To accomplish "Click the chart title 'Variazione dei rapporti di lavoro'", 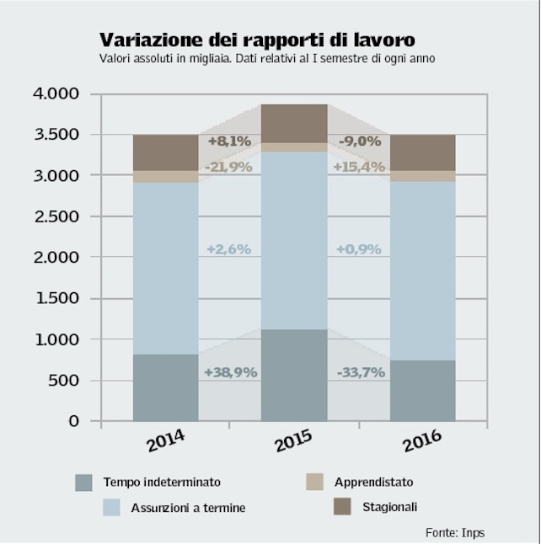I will coord(257,40).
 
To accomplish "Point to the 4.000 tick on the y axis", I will coord(56,93).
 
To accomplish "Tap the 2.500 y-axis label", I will coord(56,216).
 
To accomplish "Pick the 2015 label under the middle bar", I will coord(292,440).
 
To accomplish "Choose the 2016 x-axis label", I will coord(421,440).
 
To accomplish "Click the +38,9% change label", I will coord(230,371).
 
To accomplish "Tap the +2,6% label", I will coord(230,249).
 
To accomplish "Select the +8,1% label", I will coord(229,141).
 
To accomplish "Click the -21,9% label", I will coord(228,167).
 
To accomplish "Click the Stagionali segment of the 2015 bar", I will coord(293,123).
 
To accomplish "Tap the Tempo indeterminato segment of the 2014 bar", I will coord(166,387).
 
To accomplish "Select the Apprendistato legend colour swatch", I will coord(313,482).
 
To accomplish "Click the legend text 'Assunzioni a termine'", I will coord(188,508).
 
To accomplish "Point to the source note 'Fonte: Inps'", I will coord(455,532).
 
